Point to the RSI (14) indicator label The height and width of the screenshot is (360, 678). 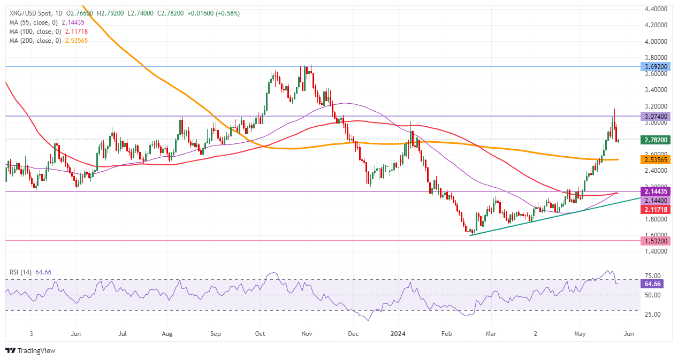click(20, 272)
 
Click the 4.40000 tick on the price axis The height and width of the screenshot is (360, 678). click(655, 9)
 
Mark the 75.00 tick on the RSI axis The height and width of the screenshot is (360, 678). click(652, 275)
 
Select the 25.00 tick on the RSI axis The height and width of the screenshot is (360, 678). click(652, 314)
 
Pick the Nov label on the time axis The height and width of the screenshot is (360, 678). click(307, 333)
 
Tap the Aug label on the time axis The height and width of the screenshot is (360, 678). click(167, 333)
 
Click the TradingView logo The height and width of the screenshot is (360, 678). click(31, 350)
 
